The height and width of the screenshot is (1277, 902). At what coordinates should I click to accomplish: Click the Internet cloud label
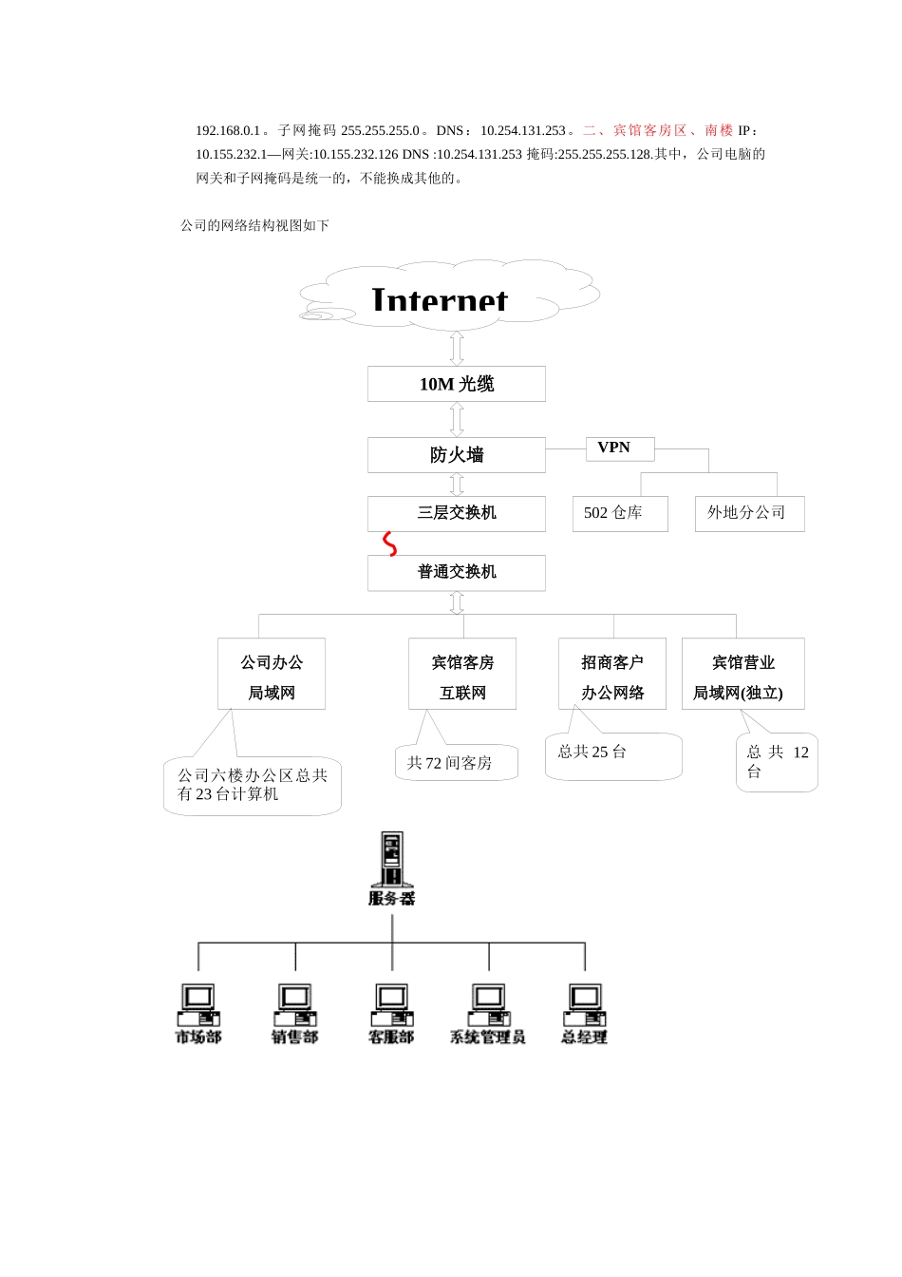tap(440, 300)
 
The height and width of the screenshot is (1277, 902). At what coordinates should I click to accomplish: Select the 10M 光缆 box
tap(457, 384)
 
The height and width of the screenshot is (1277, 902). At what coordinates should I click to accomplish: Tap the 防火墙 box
tap(457, 455)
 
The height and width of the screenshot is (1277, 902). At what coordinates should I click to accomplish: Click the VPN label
tap(614, 448)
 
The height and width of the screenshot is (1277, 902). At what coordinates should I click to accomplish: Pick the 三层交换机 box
tap(457, 513)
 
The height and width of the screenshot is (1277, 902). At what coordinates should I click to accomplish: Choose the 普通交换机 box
tap(457, 572)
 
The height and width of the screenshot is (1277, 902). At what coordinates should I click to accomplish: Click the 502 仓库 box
tap(620, 513)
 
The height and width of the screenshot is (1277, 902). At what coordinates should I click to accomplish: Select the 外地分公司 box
tap(749, 513)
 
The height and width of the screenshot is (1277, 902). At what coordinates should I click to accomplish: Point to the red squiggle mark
tap(389, 543)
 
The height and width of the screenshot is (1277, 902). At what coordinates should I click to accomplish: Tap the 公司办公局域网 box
tap(272, 675)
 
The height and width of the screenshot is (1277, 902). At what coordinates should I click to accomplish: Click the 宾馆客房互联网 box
tap(462, 675)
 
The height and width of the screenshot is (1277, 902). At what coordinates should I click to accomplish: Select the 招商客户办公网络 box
tap(612, 675)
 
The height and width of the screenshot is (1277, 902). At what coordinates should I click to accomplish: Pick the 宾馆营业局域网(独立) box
tap(742, 675)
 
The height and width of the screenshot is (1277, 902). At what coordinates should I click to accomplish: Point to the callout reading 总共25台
tap(612, 755)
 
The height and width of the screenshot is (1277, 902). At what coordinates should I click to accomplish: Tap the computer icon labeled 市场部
tap(198, 1005)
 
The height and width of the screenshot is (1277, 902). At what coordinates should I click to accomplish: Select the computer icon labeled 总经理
tap(584, 1005)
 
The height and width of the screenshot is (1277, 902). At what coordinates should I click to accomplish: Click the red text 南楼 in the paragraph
tap(719, 130)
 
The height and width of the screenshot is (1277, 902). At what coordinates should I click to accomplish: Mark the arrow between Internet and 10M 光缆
tap(457, 348)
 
